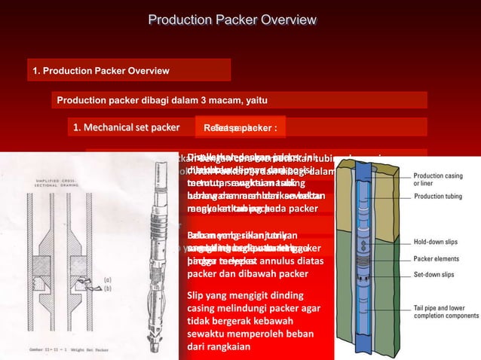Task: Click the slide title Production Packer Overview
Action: pyautogui.click(x=240, y=20)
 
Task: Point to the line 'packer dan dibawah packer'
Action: pyautogui.click(x=247, y=273)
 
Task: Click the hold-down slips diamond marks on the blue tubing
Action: pyautogui.click(x=365, y=246)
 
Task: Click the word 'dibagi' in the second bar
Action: pyautogui.click(x=147, y=101)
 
